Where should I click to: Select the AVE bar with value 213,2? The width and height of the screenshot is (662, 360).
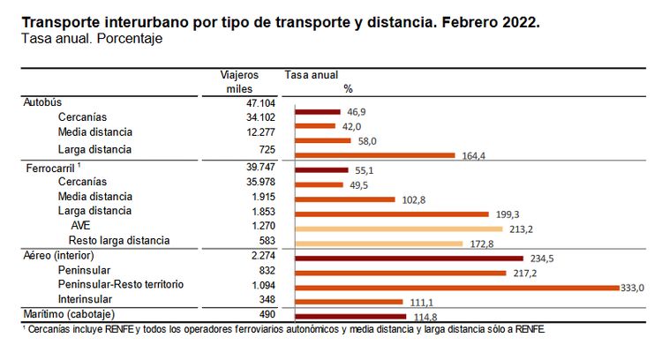pos(398,229)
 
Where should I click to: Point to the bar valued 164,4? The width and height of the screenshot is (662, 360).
pos(375,155)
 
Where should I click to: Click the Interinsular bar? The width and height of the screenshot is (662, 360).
pos(350,301)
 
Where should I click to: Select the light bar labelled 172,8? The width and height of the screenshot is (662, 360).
pos(379,243)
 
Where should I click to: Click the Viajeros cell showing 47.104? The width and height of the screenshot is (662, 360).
pos(239,102)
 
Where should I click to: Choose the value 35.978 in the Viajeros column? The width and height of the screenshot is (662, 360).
pos(239,182)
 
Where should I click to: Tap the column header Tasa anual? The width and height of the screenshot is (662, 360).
pos(312,76)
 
